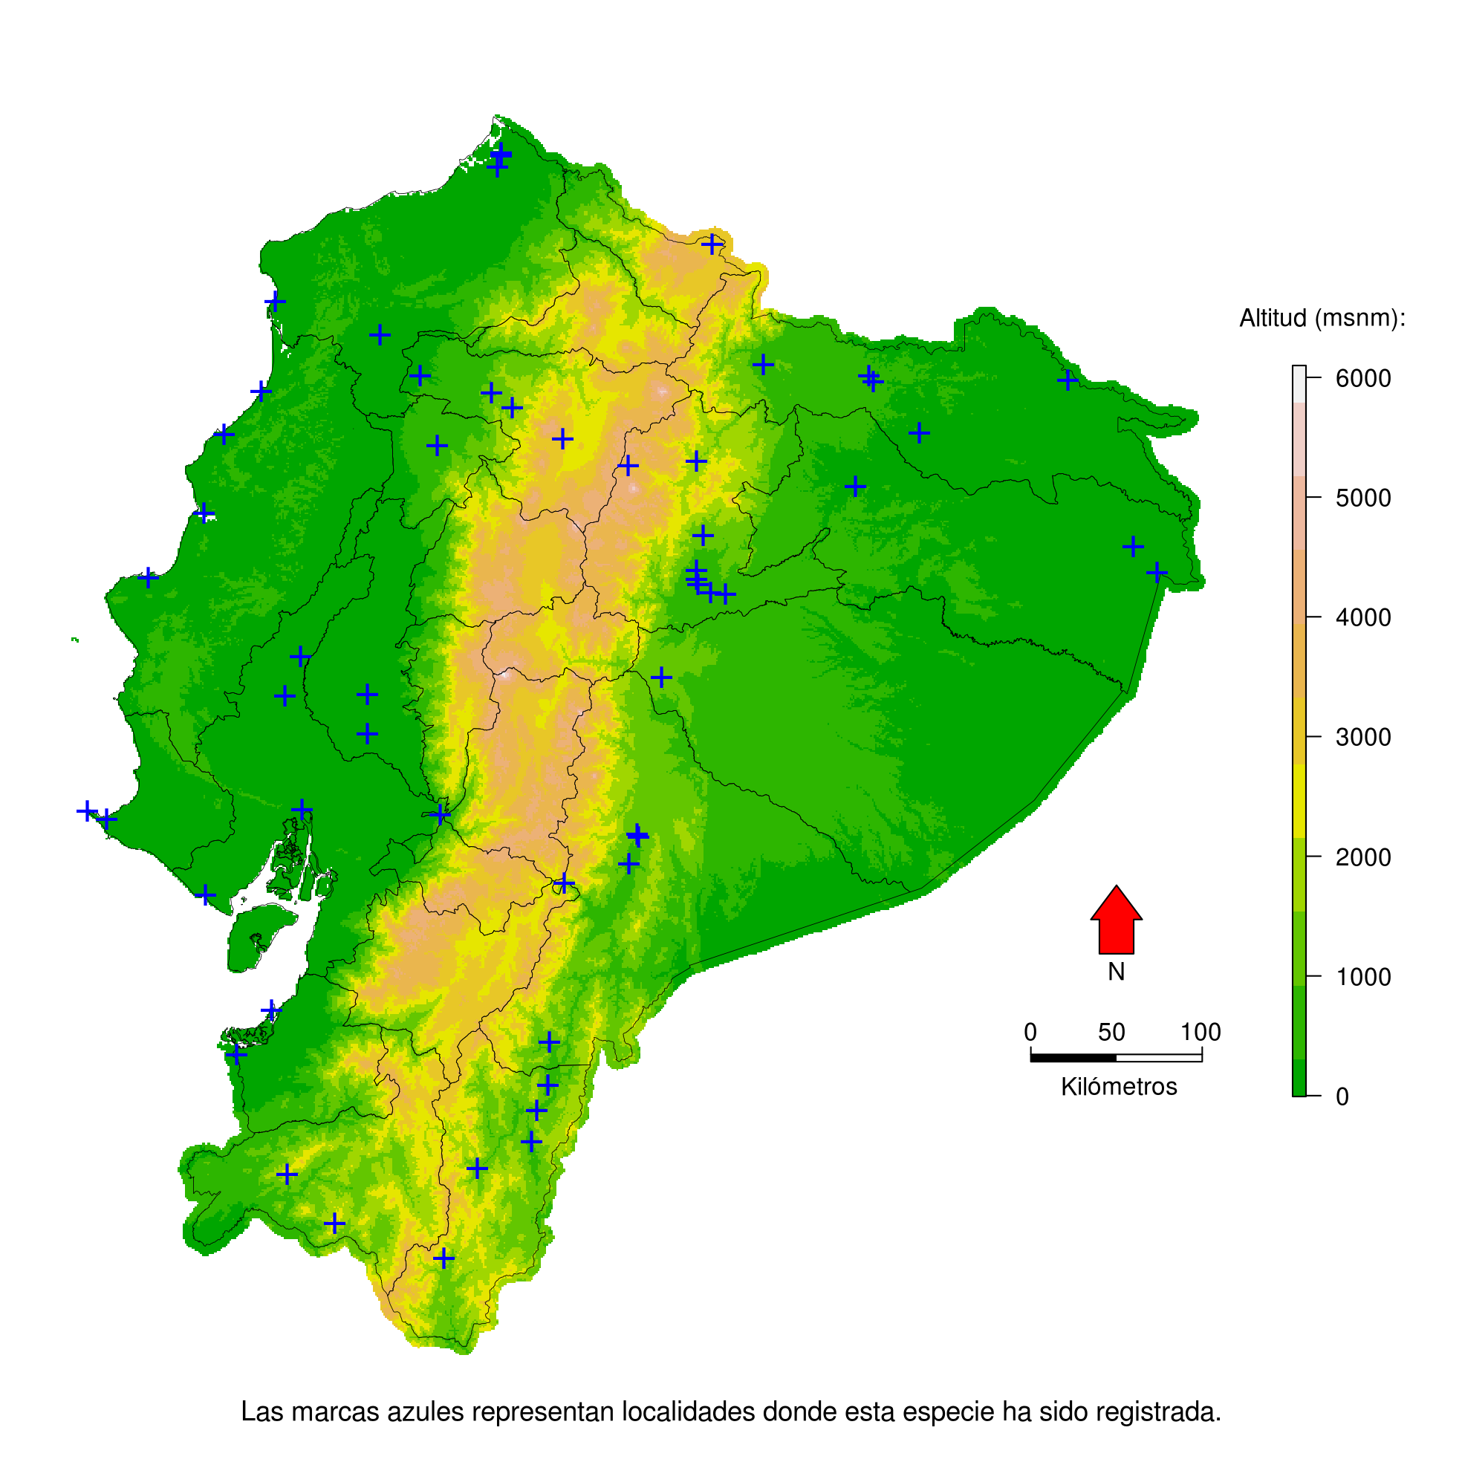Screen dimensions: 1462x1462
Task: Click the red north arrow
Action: [1116, 923]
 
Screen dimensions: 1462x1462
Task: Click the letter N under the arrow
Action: [1116, 972]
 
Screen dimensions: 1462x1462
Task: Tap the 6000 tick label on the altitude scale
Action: [1363, 378]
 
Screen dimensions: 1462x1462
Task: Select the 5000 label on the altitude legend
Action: [1363, 498]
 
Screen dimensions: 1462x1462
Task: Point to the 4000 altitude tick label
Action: [1363, 617]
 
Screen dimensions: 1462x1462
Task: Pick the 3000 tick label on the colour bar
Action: [1363, 737]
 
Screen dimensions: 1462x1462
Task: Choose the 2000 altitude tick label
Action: [1363, 857]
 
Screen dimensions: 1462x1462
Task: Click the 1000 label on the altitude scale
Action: [1363, 977]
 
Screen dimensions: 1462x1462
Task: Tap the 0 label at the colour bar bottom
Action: [1342, 1096]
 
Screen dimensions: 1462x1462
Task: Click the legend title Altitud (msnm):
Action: [1322, 319]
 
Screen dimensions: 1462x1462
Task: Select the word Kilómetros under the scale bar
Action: [1119, 1087]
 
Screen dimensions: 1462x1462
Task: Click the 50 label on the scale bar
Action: [1111, 1032]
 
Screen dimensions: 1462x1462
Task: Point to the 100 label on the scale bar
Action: [1201, 1032]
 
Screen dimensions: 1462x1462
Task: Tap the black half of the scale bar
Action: [1073, 1057]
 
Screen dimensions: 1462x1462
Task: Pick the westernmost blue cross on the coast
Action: [87, 810]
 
